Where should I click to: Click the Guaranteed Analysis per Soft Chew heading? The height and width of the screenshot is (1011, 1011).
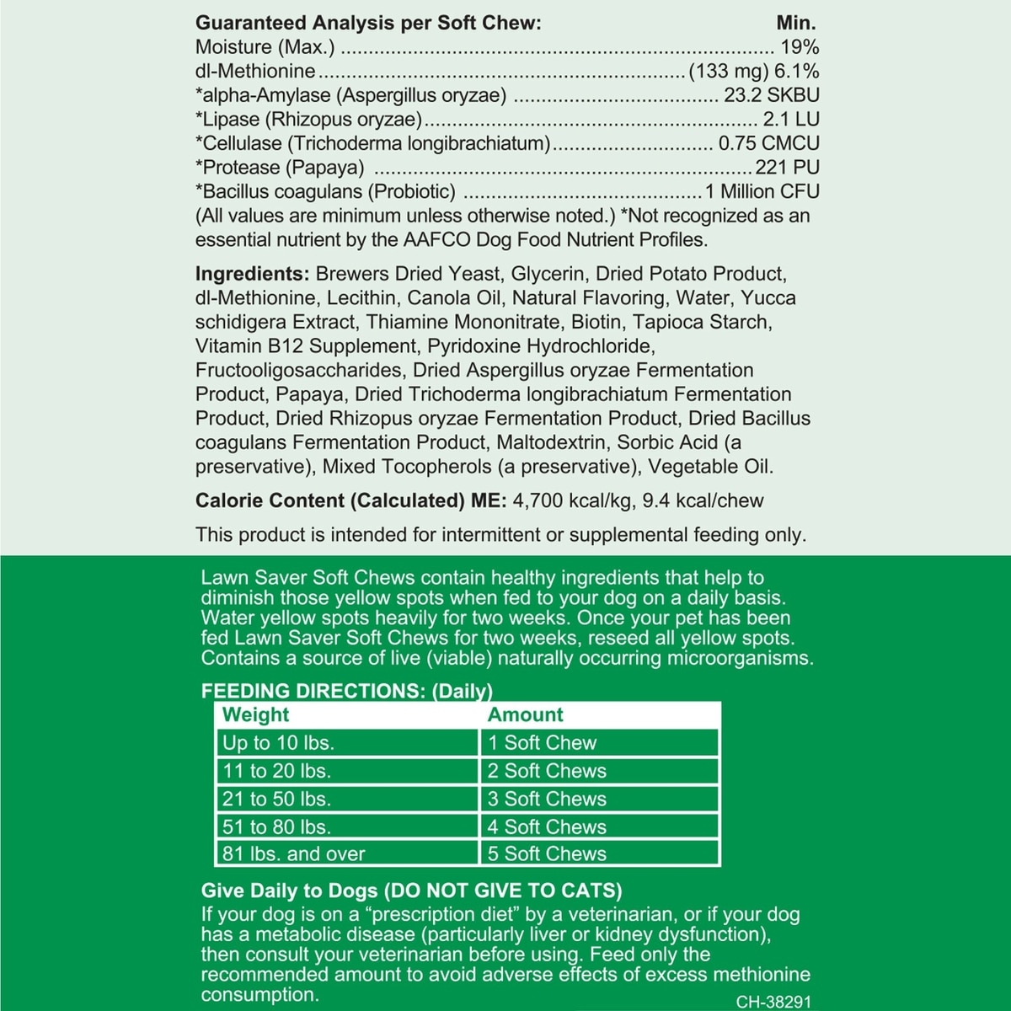367,24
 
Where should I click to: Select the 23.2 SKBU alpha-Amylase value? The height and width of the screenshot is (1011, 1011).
771,96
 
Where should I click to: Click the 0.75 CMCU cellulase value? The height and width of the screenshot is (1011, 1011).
768,144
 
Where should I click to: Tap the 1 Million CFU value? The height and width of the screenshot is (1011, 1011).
762,192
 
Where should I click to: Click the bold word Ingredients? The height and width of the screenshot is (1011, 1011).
252,275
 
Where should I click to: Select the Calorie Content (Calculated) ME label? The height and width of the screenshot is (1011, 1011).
350,501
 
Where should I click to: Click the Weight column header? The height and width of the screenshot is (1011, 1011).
255,715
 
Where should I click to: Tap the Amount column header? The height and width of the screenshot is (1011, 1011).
525,715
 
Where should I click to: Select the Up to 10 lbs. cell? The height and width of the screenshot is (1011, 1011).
278,743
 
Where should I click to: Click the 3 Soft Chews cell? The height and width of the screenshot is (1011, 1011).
547,799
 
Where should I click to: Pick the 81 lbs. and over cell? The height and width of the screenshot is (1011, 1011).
293,854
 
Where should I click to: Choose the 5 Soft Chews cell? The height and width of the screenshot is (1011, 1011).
547,854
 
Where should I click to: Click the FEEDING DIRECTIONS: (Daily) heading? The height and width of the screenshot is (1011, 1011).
346,692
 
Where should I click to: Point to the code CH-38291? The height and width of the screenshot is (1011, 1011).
773,1003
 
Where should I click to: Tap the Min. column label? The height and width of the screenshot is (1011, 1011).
795,24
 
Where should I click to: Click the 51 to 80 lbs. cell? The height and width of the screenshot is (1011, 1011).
276,827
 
